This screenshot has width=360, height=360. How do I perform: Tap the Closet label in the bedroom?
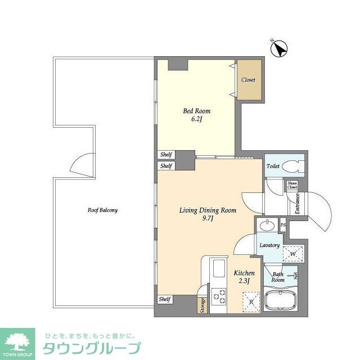point(248,80)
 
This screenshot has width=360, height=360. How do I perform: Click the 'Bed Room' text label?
point(196,111)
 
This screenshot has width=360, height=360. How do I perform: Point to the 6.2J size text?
point(196,120)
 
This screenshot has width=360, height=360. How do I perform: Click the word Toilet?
point(273,166)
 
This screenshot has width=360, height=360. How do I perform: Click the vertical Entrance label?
point(298,204)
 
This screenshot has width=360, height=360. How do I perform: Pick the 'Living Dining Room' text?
point(208,210)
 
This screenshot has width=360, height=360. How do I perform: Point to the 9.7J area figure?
point(208,219)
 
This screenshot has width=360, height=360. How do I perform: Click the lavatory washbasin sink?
point(267,226)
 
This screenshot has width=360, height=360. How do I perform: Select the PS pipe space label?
point(283,226)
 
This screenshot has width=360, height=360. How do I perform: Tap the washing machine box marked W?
point(293,254)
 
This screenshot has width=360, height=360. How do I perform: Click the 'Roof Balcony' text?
point(102,210)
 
